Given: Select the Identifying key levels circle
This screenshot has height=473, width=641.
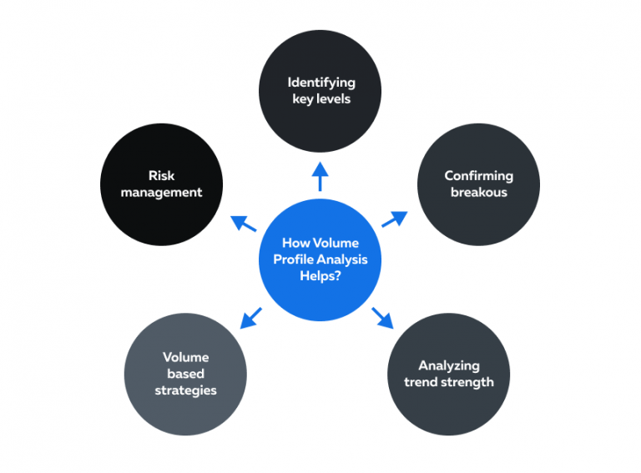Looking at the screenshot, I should tap(320, 90).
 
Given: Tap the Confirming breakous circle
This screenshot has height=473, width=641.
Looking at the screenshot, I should tap(477, 184).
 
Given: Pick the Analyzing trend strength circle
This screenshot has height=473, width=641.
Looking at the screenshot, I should tap(448, 373).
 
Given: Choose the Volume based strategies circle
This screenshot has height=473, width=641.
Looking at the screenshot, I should tap(185, 373).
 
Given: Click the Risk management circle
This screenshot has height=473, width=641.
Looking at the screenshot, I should tap(161, 184).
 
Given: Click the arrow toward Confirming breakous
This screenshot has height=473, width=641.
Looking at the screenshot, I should tap(395, 219).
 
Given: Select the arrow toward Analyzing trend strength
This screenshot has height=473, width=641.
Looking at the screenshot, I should tap(382, 316).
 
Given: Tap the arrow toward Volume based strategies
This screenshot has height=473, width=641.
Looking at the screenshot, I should tap(250, 318).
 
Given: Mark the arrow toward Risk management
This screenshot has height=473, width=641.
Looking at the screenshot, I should tap(244, 224).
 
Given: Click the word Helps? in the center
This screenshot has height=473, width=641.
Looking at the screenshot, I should tap(320, 275).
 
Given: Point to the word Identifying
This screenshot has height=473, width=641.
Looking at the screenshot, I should tap(321, 83).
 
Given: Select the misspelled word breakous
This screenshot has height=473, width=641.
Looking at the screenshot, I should tap(478, 192).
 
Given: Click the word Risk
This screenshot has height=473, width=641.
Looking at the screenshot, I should tap(161, 176).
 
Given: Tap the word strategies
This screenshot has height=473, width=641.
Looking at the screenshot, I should tap(185, 390).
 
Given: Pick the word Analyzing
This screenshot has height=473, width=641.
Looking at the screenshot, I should tap(449, 365).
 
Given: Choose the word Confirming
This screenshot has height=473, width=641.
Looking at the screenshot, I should tap(478, 176).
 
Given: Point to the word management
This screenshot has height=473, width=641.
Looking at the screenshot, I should tap(161, 192).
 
